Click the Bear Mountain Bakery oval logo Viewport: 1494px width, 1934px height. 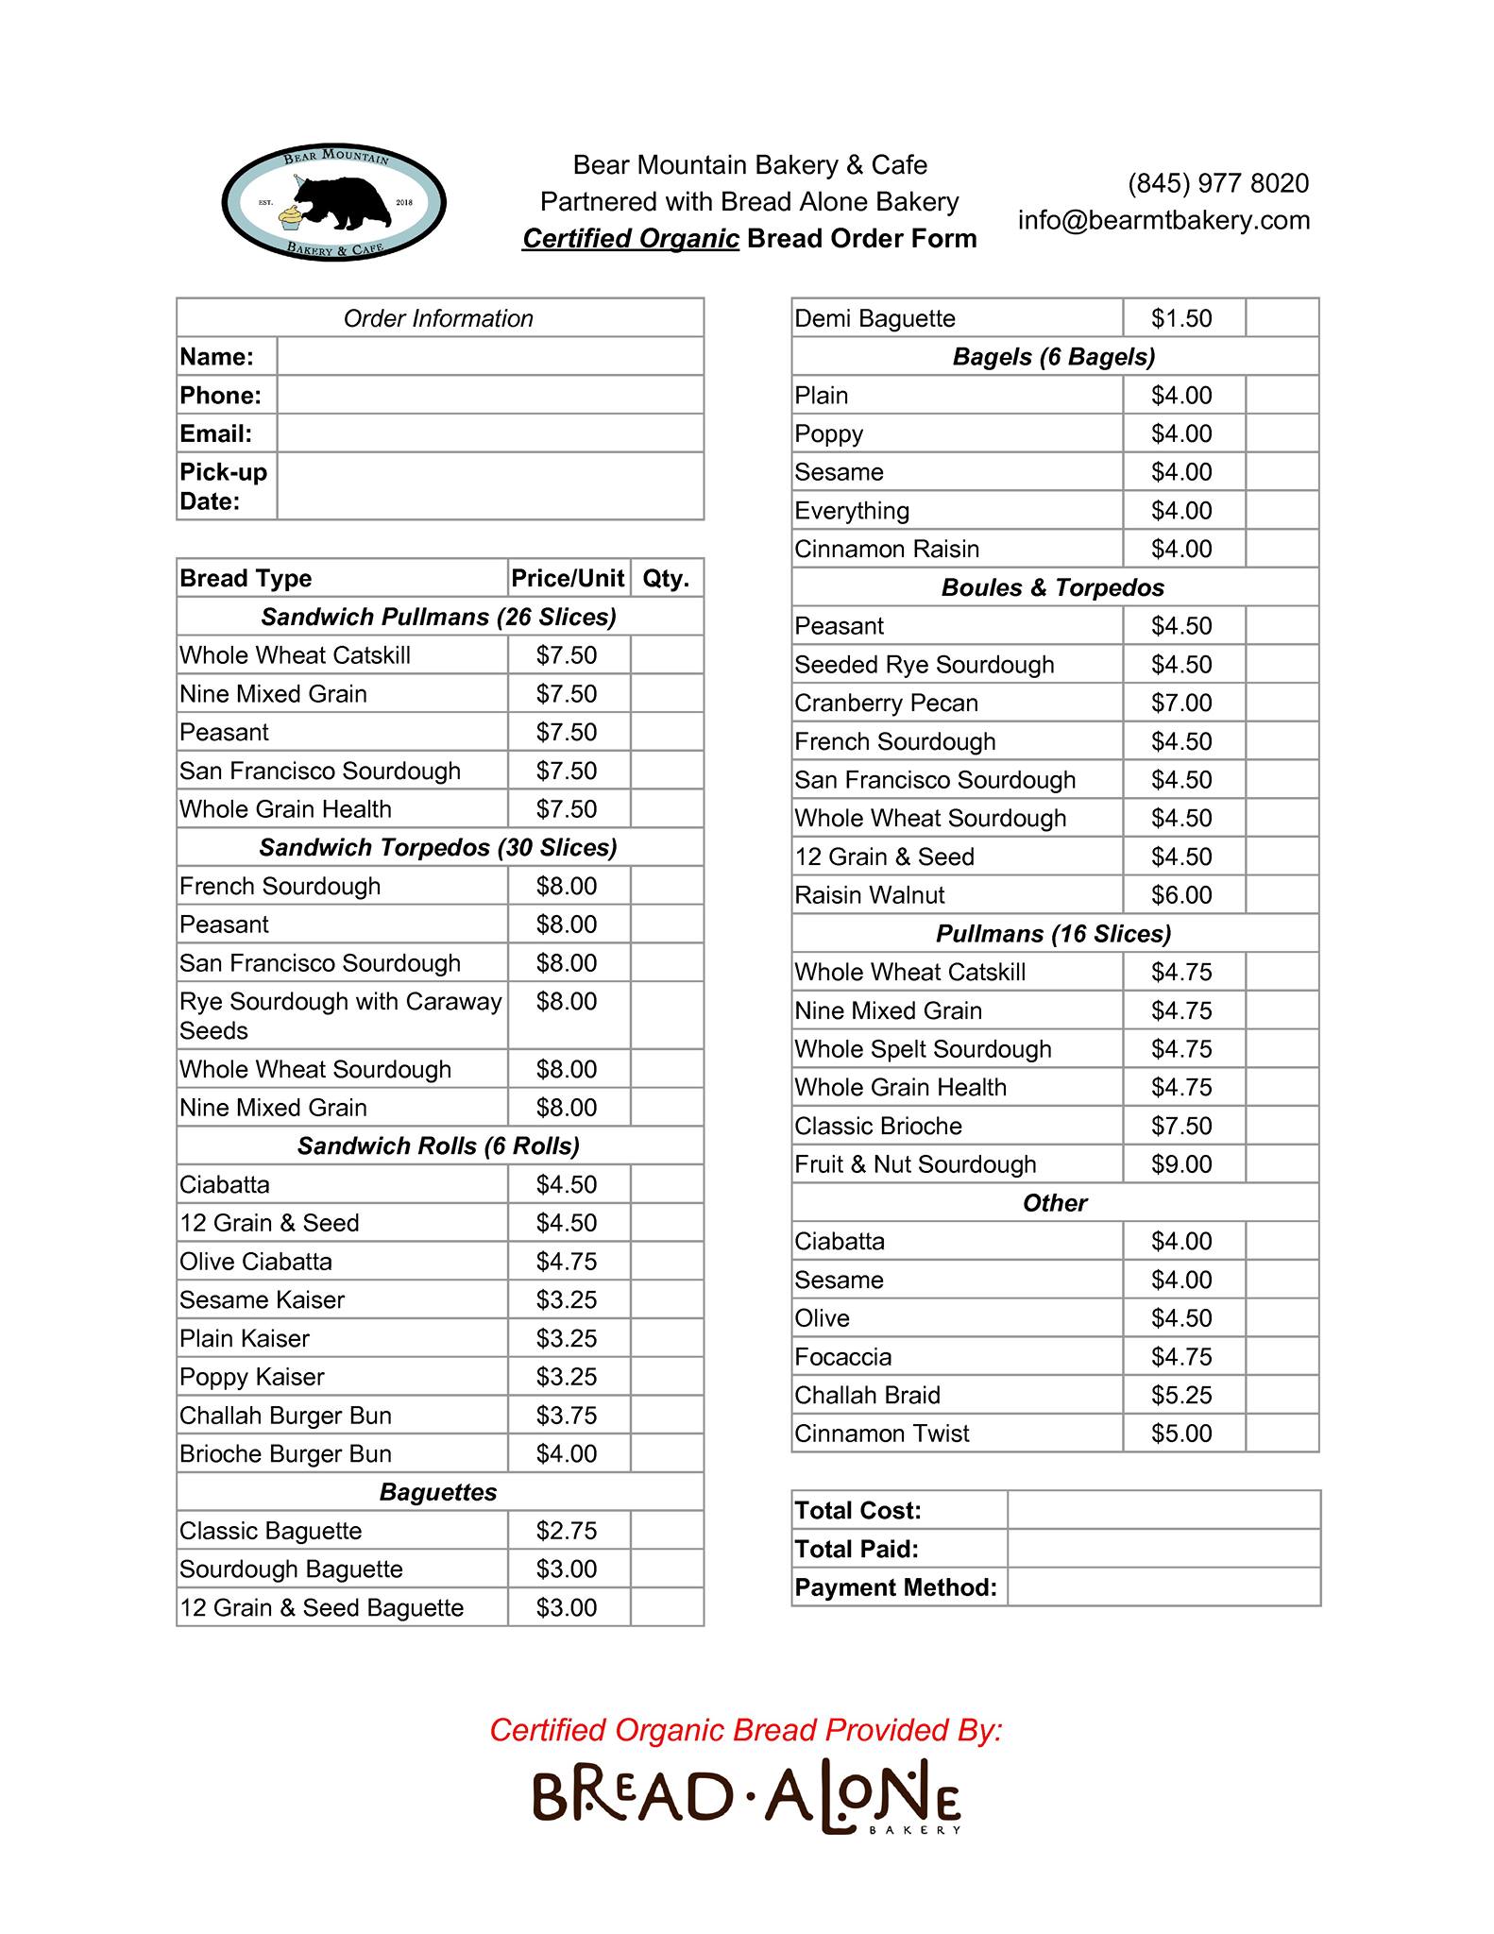click(x=333, y=202)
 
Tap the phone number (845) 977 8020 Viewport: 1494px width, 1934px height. click(x=1217, y=183)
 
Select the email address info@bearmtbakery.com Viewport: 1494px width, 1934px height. click(x=1163, y=220)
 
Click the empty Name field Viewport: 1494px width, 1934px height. click(x=489, y=357)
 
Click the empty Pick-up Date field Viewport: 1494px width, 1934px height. click(x=489, y=486)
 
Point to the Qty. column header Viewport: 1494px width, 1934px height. click(x=666, y=578)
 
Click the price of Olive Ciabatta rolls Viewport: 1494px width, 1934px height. click(x=567, y=1262)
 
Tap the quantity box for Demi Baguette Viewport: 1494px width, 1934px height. click(x=1282, y=318)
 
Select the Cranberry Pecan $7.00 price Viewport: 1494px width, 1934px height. click(x=1181, y=704)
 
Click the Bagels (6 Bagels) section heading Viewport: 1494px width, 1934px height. click(x=1054, y=357)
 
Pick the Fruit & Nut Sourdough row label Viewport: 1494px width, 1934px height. click(x=915, y=1164)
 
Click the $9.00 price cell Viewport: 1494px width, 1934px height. click(x=1181, y=1164)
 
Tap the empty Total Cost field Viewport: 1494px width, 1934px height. click(x=1163, y=1511)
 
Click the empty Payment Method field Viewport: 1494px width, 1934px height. click(x=1163, y=1587)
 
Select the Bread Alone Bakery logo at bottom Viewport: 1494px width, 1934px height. click(x=746, y=1797)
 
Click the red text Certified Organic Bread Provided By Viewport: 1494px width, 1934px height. click(x=745, y=1730)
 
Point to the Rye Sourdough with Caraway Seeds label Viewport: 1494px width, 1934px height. click(x=340, y=1015)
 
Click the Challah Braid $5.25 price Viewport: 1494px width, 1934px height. click(x=1181, y=1396)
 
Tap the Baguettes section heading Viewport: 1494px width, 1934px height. click(x=438, y=1492)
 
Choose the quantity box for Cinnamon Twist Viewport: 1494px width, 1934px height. click(x=1282, y=1434)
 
